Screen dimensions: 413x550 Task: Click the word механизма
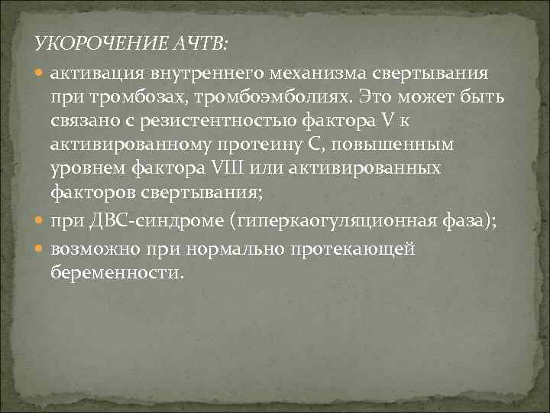[315, 73]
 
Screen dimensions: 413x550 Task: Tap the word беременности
[117, 272]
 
